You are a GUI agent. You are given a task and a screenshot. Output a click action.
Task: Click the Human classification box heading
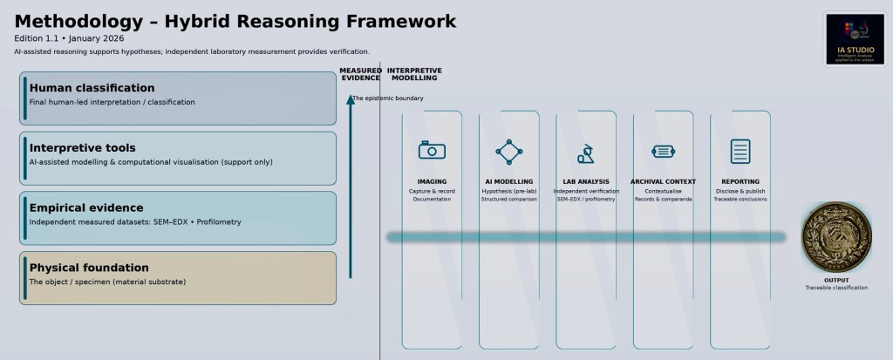[92, 88]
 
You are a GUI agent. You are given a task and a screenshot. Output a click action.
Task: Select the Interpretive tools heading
[82, 148]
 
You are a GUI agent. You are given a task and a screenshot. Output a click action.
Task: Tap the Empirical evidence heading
[85, 207]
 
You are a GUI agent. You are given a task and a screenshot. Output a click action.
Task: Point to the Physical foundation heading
[89, 268]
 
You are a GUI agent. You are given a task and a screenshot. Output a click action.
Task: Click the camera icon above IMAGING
[432, 151]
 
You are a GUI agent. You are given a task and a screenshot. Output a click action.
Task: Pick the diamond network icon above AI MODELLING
[508, 152]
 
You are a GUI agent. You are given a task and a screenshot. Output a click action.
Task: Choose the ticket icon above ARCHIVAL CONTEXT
[663, 152]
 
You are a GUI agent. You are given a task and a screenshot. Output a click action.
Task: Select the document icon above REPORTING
[740, 152]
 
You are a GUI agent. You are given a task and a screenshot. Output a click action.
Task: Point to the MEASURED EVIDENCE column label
[360, 74]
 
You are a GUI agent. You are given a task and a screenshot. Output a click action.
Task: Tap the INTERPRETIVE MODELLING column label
[414, 74]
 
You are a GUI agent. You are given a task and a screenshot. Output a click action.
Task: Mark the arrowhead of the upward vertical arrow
[350, 98]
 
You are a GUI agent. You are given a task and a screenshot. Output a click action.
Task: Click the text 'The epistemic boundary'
[388, 98]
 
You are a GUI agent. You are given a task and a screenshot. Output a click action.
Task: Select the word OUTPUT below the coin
[836, 281]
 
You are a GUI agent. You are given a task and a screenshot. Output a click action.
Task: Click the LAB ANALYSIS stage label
[585, 182]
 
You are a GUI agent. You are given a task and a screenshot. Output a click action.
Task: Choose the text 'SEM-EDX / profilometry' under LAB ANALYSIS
[585, 200]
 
